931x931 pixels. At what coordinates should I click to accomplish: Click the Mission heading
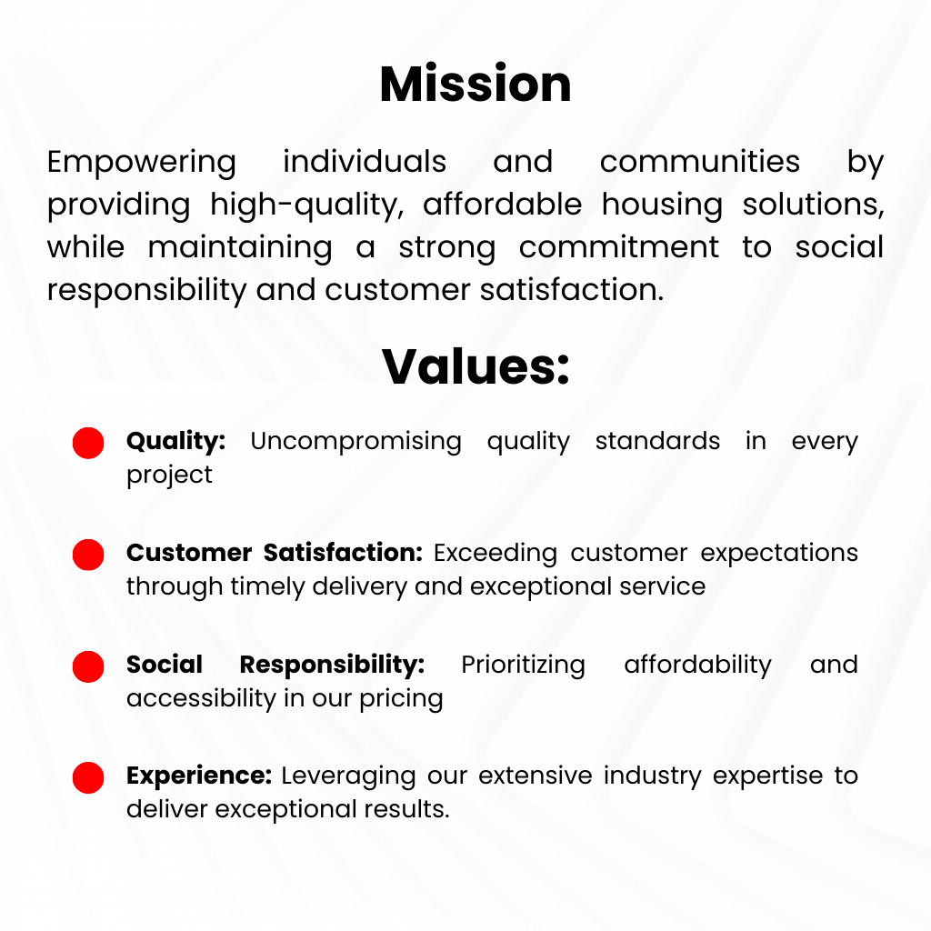(475, 84)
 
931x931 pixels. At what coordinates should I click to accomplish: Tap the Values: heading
(476, 365)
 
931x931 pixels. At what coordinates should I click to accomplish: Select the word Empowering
(141, 163)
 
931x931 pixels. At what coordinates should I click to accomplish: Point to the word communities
(699, 162)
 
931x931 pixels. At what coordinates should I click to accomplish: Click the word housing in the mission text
(662, 205)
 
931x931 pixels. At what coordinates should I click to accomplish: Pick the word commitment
(618, 247)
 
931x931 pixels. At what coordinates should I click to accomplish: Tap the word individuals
(365, 161)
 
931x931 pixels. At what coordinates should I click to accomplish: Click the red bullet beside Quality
(88, 443)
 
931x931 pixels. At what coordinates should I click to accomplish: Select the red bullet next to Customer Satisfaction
(88, 555)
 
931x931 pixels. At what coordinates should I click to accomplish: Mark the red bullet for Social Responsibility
(88, 666)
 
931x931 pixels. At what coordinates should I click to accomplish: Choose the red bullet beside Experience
(88, 777)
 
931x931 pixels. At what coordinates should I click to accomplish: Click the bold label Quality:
(175, 442)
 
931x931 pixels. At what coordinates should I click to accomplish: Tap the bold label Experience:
(199, 776)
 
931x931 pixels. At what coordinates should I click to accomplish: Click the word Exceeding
(496, 554)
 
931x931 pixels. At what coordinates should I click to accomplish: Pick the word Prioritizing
(523, 666)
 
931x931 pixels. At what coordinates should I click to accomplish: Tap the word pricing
(401, 699)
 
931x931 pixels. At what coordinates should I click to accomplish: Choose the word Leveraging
(348, 777)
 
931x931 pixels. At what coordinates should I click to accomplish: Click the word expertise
(768, 777)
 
